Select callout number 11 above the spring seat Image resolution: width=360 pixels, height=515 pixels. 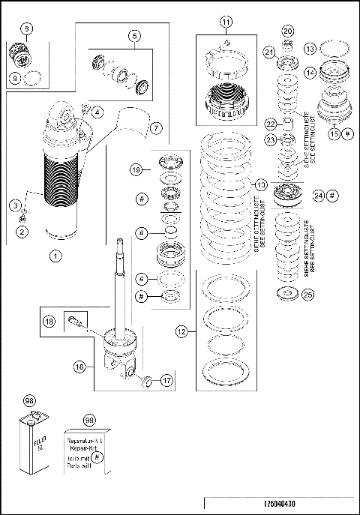click(x=226, y=22)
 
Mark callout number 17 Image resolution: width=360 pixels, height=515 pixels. click(x=166, y=380)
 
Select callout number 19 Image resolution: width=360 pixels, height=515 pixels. click(x=135, y=169)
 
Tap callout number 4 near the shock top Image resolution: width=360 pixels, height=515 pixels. click(x=98, y=113)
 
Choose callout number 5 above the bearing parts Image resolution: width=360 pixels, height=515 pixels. click(x=134, y=35)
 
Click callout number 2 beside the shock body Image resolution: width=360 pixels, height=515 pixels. click(x=22, y=232)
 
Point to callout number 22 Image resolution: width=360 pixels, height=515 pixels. click(x=271, y=123)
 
